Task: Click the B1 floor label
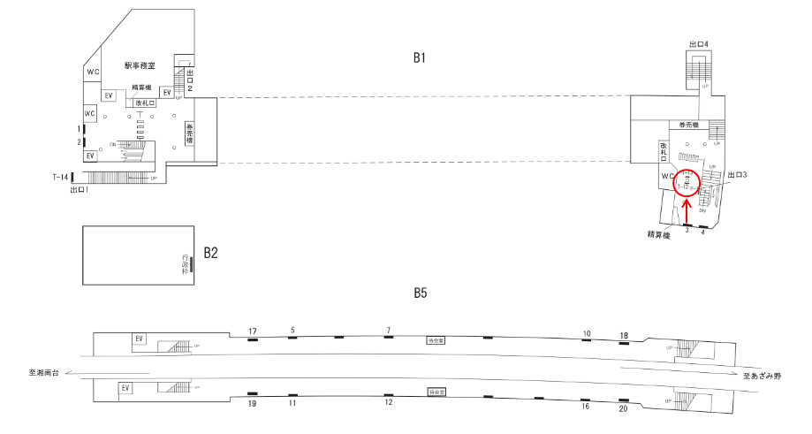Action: [420, 57]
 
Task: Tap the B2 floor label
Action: [211, 253]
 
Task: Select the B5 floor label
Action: [420, 293]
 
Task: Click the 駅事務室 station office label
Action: [140, 65]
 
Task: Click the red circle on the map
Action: [686, 182]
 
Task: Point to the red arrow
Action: [687, 211]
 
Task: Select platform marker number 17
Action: [252, 331]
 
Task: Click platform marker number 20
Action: [624, 408]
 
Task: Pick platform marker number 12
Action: [388, 403]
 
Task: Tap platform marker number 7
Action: [388, 331]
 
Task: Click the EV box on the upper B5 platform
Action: [139, 339]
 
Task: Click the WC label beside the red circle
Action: [668, 177]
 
